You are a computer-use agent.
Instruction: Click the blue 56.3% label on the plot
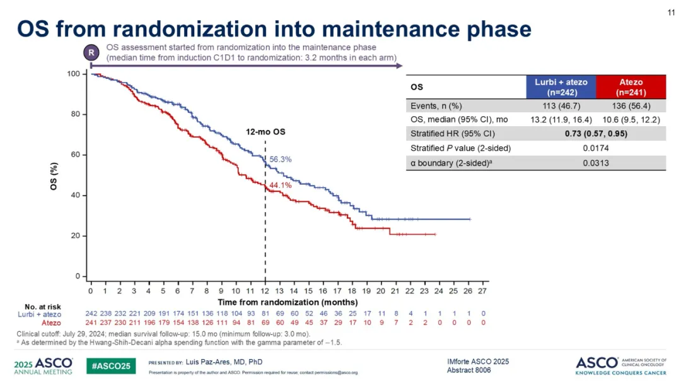(x=281, y=160)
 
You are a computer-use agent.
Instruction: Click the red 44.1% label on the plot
(x=281, y=185)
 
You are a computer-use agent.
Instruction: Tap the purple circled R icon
(x=91, y=53)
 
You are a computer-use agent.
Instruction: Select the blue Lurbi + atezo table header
(x=561, y=86)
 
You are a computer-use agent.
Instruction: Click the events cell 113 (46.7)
(x=561, y=106)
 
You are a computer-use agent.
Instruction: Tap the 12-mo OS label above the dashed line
(x=265, y=133)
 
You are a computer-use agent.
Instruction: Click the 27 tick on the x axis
(x=483, y=291)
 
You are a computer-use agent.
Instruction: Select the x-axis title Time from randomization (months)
(x=288, y=302)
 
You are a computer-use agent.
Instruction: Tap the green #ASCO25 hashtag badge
(x=110, y=365)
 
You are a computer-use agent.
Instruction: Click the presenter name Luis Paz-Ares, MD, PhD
(x=224, y=362)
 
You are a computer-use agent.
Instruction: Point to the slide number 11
(x=671, y=12)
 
